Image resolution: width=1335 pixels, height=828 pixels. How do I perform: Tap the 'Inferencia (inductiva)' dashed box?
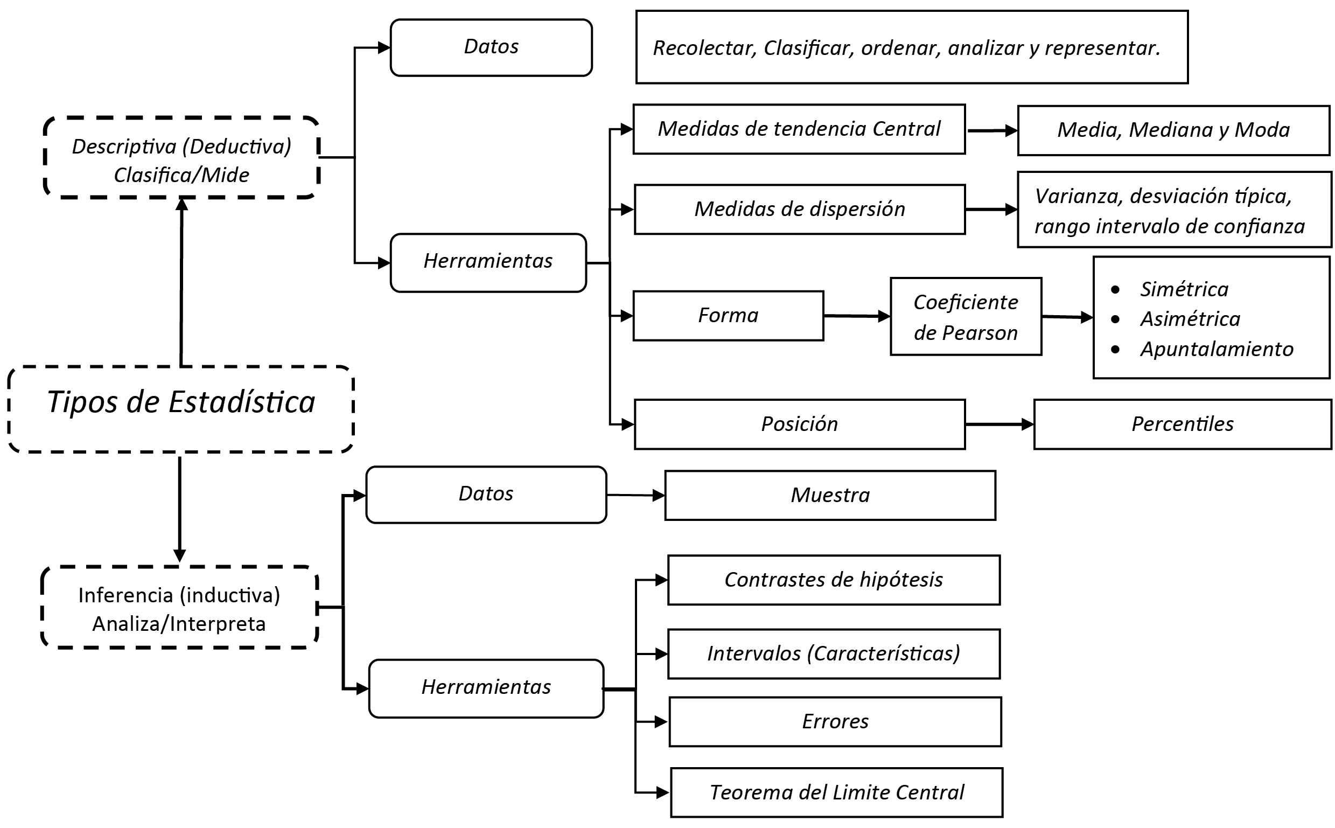pyautogui.click(x=179, y=608)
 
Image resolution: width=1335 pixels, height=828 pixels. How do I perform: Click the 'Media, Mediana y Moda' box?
pyautogui.click(x=1173, y=130)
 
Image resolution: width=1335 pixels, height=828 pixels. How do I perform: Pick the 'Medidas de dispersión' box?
pyautogui.click(x=799, y=210)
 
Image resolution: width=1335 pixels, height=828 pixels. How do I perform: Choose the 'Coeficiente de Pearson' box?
pyautogui.click(x=966, y=317)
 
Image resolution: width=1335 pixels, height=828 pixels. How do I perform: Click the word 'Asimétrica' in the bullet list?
pyautogui.click(x=1190, y=319)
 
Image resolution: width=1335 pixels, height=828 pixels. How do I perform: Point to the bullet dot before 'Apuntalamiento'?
pyautogui.click(x=1115, y=350)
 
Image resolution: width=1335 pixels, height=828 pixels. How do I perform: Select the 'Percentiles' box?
pyautogui.click(x=1182, y=425)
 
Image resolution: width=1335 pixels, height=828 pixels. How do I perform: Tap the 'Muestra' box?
pyautogui.click(x=830, y=496)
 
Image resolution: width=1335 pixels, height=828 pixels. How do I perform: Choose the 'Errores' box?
pyautogui.click(x=835, y=722)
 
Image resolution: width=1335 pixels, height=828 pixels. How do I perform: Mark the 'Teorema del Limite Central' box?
pyautogui.click(x=836, y=792)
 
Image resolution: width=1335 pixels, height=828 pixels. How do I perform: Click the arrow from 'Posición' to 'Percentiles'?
pyautogui.click(x=999, y=425)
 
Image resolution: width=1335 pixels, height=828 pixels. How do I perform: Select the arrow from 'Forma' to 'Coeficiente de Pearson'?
pyautogui.click(x=857, y=316)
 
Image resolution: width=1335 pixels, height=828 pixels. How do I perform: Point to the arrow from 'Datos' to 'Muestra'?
pyautogui.click(x=635, y=496)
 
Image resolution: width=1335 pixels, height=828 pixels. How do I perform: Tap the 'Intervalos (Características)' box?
pyautogui.click(x=834, y=654)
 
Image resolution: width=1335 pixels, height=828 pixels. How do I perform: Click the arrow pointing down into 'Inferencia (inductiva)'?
pyautogui.click(x=179, y=509)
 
